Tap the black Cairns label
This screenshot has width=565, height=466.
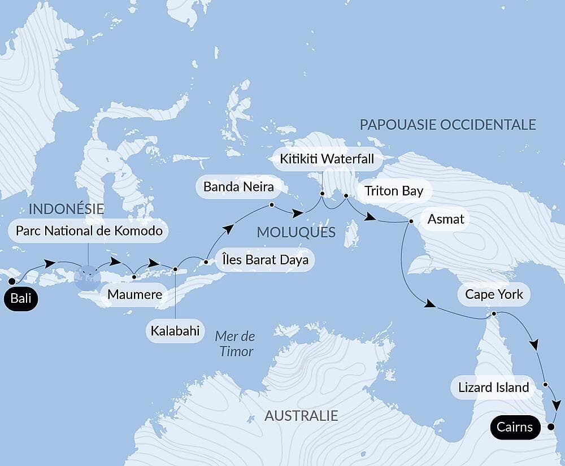[515, 427]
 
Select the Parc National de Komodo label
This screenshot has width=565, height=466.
[89, 230]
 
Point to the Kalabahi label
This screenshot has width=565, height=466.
[175, 331]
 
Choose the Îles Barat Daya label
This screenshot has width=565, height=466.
[264, 260]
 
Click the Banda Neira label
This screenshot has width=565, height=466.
[234, 186]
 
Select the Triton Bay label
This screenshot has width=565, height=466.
[394, 191]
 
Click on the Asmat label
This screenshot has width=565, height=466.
[446, 219]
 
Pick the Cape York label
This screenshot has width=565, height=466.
[494, 294]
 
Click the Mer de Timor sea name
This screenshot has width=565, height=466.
[234, 344]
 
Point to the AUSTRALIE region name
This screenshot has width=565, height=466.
[301, 416]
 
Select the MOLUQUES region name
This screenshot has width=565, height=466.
[296, 232]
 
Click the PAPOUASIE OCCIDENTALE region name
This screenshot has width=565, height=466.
[447, 125]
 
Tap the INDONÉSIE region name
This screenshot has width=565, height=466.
[66, 208]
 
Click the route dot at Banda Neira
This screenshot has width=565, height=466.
[272, 205]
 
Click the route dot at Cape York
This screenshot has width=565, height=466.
[494, 313]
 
